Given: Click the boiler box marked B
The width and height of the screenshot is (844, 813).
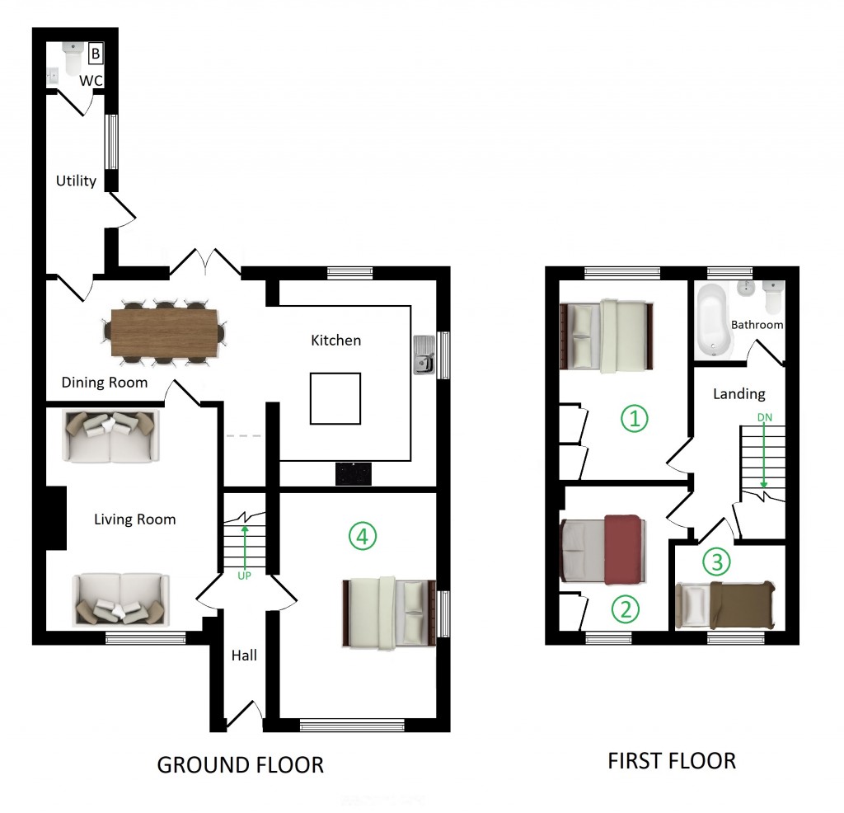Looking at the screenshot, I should pyautogui.click(x=96, y=54).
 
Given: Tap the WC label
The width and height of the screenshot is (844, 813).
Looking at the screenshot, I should pyautogui.click(x=91, y=82).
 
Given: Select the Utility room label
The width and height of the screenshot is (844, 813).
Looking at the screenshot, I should pyautogui.click(x=76, y=181).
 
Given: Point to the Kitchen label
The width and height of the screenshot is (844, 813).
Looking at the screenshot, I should pyautogui.click(x=335, y=340).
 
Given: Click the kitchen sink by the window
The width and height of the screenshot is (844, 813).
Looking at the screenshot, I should pyautogui.click(x=424, y=355).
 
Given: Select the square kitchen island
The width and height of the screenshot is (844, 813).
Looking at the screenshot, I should pyautogui.click(x=335, y=398).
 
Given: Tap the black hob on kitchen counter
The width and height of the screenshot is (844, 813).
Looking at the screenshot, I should pyautogui.click(x=353, y=472).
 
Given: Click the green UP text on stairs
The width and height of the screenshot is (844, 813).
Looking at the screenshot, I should pyautogui.click(x=244, y=575).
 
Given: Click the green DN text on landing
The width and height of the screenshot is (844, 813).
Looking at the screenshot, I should pyautogui.click(x=765, y=417).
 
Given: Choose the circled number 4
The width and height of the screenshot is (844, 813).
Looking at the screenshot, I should pyautogui.click(x=362, y=537).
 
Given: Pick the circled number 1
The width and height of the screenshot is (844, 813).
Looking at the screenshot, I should pyautogui.click(x=634, y=419).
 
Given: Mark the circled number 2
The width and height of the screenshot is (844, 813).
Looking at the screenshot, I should pyautogui.click(x=625, y=609).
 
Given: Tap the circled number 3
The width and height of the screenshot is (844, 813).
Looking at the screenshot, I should pyautogui.click(x=716, y=562).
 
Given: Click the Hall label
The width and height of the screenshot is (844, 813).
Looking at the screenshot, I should pyautogui.click(x=244, y=656).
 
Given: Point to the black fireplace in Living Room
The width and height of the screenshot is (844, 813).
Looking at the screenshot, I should pyautogui.click(x=55, y=518).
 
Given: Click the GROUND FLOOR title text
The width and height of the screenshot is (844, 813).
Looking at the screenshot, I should pyautogui.click(x=240, y=764).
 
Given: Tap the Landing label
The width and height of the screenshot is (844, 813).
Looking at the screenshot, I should pyautogui.click(x=738, y=394).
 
